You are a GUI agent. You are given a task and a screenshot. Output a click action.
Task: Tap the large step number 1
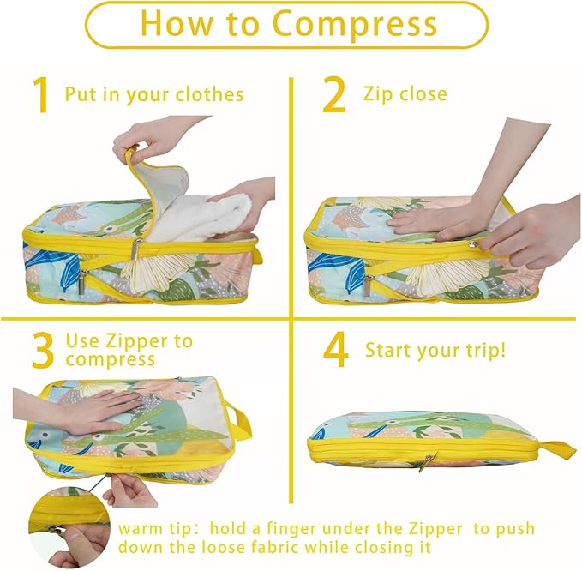click(41, 95)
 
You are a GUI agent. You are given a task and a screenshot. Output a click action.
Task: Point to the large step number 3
click(43, 351)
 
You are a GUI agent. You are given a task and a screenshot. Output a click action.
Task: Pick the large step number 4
click(335, 350)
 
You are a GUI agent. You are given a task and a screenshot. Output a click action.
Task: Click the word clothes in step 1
click(209, 94)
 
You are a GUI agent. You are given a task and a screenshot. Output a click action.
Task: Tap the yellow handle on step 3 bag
click(238, 423)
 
